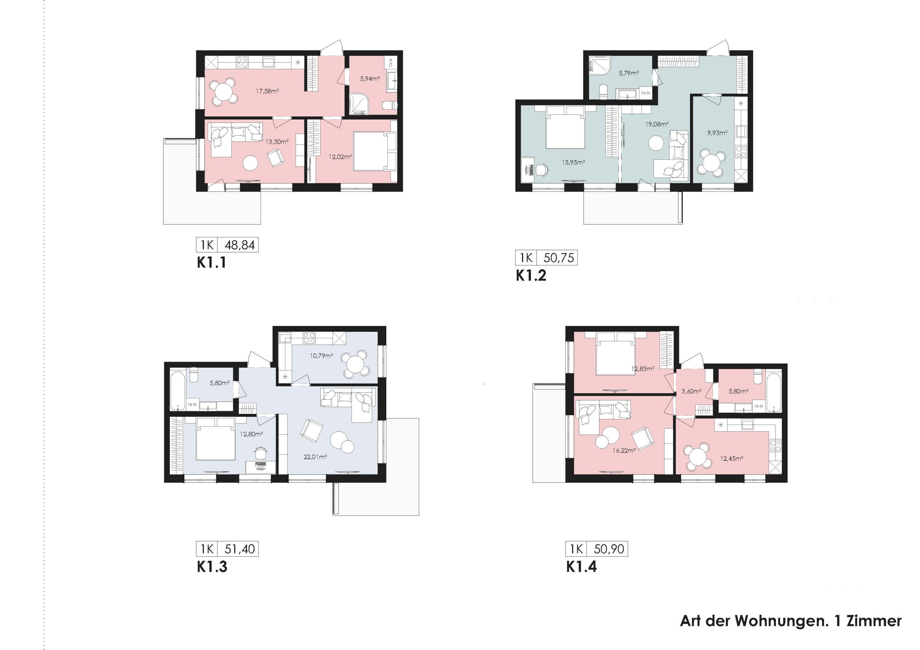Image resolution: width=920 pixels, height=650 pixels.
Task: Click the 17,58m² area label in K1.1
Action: [267, 91]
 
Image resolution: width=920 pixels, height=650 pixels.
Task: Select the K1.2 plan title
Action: [531, 275]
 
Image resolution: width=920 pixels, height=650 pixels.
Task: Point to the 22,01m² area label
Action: [315, 456]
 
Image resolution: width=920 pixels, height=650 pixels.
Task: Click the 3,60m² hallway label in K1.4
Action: [691, 391]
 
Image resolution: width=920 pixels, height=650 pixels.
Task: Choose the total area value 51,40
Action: [240, 549]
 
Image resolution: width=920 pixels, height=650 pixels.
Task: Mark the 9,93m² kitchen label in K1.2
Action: [717, 133]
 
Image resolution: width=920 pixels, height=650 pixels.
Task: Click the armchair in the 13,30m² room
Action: [276, 158]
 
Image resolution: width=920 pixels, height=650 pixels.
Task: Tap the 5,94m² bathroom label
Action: [370, 79]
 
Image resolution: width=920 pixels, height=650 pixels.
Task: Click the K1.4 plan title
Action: [581, 567]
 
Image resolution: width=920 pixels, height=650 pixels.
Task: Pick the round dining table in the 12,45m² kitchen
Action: [698, 456]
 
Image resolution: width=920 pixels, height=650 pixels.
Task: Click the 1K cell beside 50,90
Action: [576, 549]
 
